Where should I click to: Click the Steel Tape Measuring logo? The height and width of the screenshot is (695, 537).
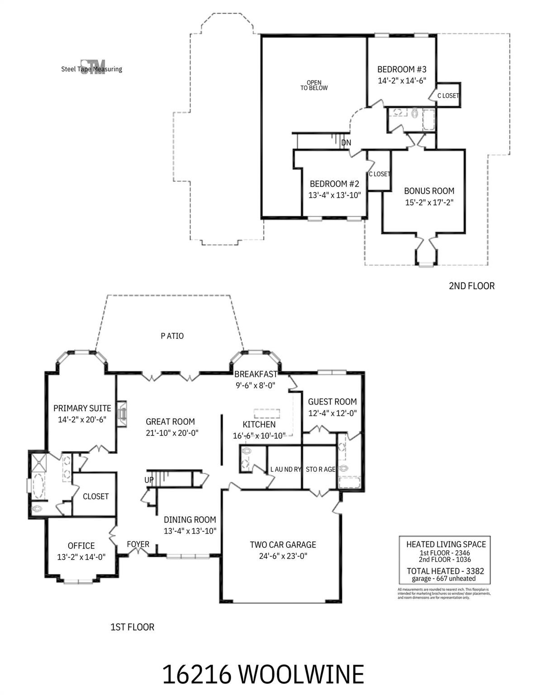(x=92, y=67)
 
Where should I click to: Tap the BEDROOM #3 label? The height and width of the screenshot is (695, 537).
(x=402, y=70)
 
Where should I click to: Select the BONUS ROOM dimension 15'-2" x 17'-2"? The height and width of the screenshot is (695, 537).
(x=429, y=202)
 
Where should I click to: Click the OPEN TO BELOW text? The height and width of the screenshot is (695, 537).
(x=314, y=85)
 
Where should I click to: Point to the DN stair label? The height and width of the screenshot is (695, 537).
(x=346, y=143)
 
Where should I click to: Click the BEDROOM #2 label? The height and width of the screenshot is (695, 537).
(x=334, y=184)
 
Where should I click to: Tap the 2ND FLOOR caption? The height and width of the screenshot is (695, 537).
(x=471, y=286)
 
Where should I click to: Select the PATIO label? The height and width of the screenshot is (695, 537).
(x=172, y=336)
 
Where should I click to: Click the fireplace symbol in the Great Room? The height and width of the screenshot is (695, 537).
(x=121, y=413)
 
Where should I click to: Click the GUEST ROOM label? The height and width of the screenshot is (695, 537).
(x=332, y=402)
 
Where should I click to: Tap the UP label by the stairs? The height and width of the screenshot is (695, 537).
(x=149, y=480)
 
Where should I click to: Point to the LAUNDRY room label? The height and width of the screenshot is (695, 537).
(x=285, y=470)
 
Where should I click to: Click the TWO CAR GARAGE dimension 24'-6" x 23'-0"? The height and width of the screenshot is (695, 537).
(x=283, y=557)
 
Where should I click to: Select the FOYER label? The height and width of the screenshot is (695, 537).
(x=138, y=544)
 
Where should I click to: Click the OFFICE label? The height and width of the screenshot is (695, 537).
(x=81, y=546)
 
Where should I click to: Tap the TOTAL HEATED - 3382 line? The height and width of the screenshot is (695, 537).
(x=445, y=571)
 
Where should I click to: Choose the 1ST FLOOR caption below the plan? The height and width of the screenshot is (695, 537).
(x=132, y=627)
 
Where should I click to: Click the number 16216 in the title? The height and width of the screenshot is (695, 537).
(x=197, y=674)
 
